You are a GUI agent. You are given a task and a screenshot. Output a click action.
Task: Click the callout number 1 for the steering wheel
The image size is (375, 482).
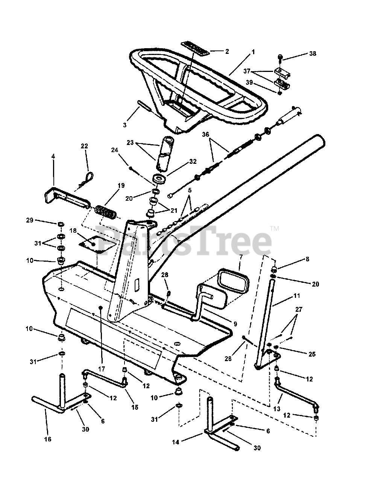[253, 52]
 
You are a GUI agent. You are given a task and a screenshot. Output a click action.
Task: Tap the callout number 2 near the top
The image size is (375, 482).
[227, 51]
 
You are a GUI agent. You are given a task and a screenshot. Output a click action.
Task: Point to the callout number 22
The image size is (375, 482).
[84, 146]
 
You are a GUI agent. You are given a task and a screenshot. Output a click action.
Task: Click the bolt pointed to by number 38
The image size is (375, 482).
[280, 57]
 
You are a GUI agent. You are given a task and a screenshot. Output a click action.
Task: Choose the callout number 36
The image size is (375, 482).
[205, 134]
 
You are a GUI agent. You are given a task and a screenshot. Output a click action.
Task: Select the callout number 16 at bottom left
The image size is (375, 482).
[48, 439]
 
